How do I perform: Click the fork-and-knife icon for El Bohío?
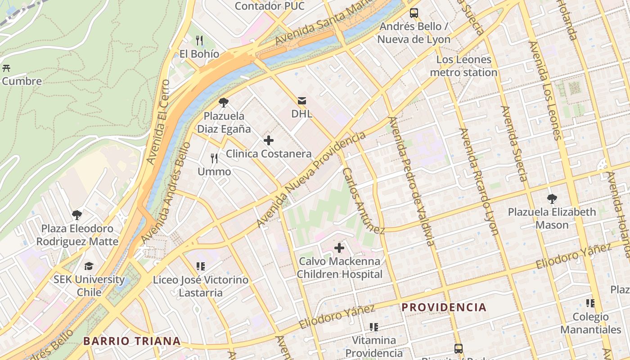pos(200,40)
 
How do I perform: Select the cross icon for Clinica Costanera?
pos(269,140)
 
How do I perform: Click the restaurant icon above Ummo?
pos(214,158)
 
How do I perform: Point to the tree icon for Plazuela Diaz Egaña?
pos(223,103)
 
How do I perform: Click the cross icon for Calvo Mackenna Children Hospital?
pos(339,248)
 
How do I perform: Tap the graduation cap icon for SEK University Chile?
pos(89,266)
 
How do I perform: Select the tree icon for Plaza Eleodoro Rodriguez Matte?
pos(77,215)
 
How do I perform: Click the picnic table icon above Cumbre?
pos(6,68)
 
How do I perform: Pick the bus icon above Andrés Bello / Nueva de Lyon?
pos(414,13)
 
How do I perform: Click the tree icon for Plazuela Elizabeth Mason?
pos(552,198)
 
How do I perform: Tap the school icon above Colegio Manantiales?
pos(590,303)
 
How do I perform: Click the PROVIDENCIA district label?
pos(444,308)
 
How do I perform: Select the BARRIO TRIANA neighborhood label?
pos(132,341)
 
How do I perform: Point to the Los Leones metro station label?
pos(463,66)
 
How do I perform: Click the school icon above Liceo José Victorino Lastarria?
pos(201,266)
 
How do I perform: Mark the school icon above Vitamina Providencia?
pos(373,327)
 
